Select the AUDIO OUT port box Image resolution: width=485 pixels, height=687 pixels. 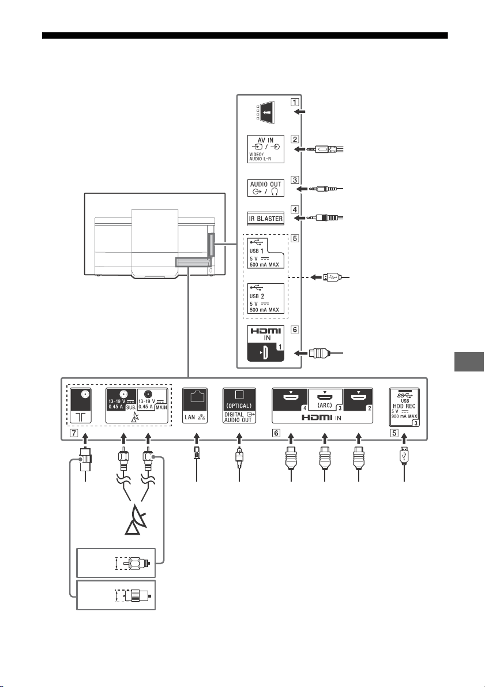tap(265, 189)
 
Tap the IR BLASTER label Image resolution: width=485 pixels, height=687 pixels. tap(266, 218)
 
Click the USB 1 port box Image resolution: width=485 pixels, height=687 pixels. tap(265, 253)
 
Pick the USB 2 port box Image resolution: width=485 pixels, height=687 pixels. tap(265, 299)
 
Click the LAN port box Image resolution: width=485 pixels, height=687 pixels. tap(195, 406)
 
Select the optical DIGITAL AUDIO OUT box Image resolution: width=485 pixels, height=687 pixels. tap(239, 406)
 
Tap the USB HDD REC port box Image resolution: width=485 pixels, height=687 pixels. tap(404, 407)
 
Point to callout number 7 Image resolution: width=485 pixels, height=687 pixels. tap(74, 433)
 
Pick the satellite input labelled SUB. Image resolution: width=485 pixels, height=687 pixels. tap(122, 406)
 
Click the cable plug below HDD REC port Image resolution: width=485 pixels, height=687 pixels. tap(404, 455)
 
